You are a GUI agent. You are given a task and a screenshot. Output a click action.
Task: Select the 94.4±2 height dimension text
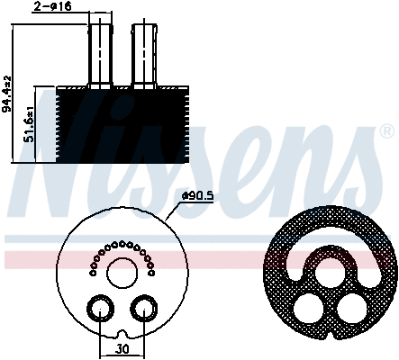tap(8, 95)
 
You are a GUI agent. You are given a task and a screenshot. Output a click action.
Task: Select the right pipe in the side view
tap(145, 54)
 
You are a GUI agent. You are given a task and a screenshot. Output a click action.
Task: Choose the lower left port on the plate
tap(97, 310)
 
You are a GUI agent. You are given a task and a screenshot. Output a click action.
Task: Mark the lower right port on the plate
tap(141, 310)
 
